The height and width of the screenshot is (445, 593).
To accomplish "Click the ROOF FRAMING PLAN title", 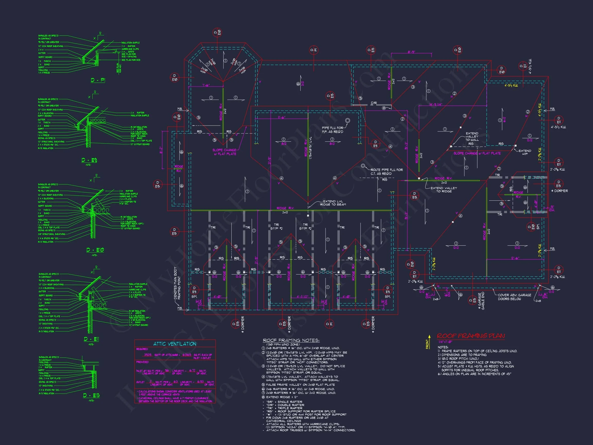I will point(471,336).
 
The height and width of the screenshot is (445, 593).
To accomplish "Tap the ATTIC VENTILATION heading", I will point(175,344).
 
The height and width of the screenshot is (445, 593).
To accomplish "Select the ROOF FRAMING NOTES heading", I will point(291,340).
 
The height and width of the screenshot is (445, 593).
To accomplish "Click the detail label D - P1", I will point(98,80).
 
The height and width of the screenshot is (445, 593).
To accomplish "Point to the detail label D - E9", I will point(89,160).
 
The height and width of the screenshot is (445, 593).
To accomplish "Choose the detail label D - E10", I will point(95,250).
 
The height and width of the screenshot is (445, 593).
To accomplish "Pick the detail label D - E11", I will point(91,339).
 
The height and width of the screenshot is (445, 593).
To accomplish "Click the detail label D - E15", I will point(91,395).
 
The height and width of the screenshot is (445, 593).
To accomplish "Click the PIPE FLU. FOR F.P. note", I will point(333,130).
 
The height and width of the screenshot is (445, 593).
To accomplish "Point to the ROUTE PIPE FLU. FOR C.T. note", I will point(386,172).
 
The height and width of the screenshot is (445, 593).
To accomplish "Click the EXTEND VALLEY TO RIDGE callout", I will point(444,190).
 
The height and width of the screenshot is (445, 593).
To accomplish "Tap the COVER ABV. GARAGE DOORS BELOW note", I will point(514,297).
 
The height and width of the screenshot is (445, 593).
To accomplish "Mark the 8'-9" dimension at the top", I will point(411,52).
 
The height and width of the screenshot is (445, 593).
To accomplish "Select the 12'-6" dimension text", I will point(515,258).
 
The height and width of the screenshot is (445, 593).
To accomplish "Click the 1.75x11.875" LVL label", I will point(310,148).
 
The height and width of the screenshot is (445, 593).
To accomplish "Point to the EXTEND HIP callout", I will point(525,152).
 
